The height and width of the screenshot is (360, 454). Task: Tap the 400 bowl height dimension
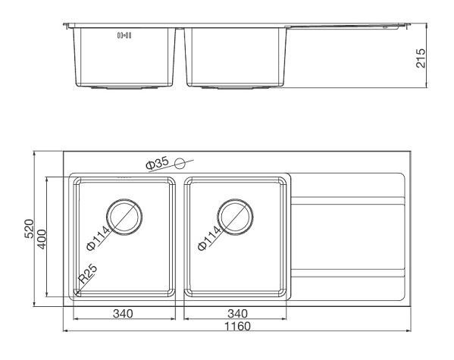(42, 237)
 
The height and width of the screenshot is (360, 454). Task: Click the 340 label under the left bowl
(124, 313)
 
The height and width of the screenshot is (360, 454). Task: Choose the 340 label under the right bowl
(237, 313)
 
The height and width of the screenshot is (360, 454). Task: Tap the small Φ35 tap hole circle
(180, 163)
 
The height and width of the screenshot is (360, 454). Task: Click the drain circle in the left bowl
(124, 217)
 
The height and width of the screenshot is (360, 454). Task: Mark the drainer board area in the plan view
(347, 238)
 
